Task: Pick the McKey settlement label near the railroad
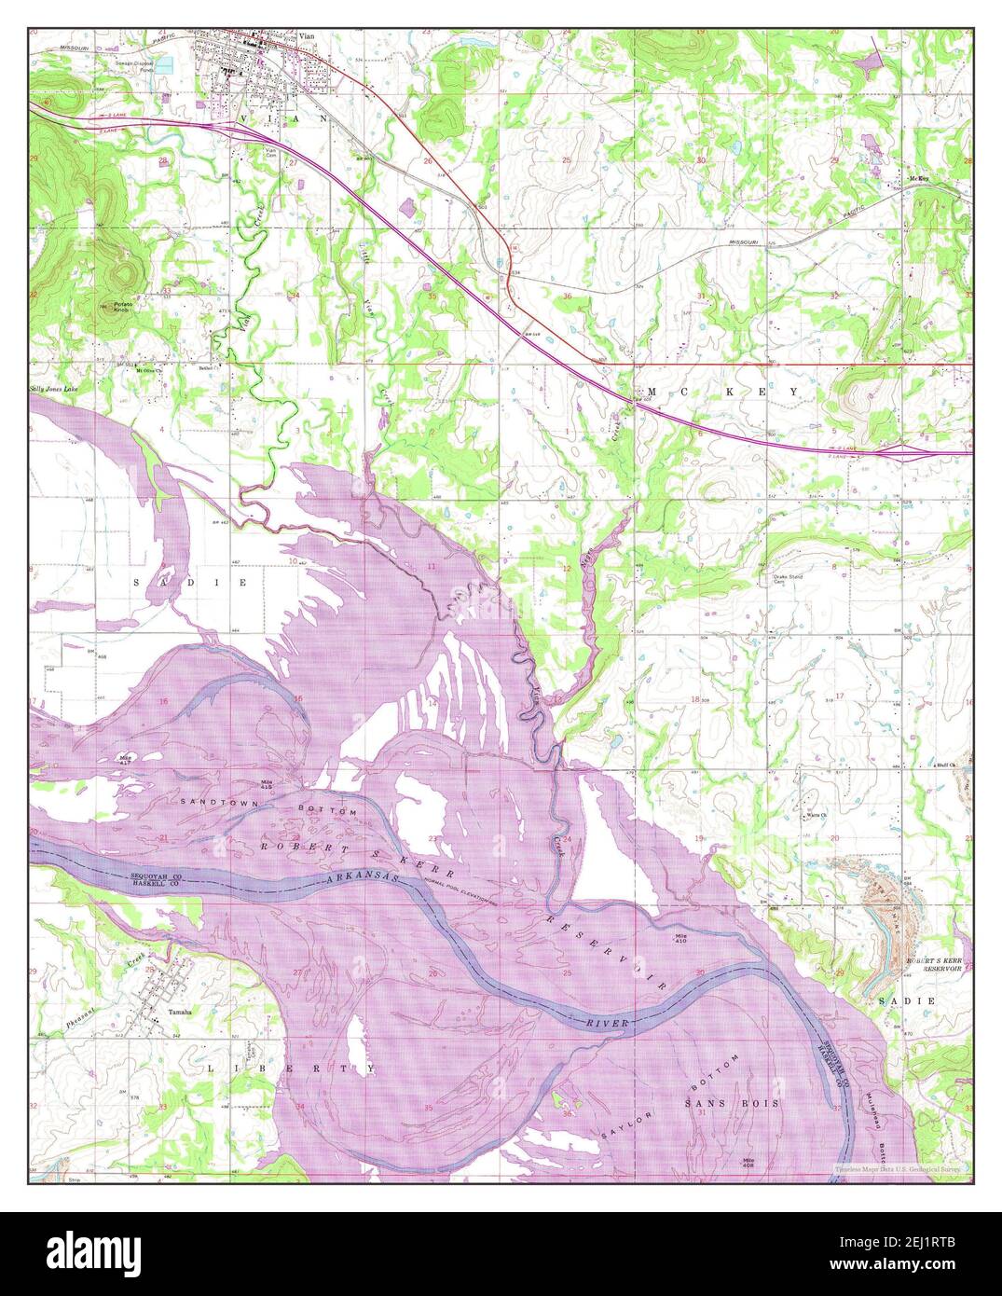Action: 917,178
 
